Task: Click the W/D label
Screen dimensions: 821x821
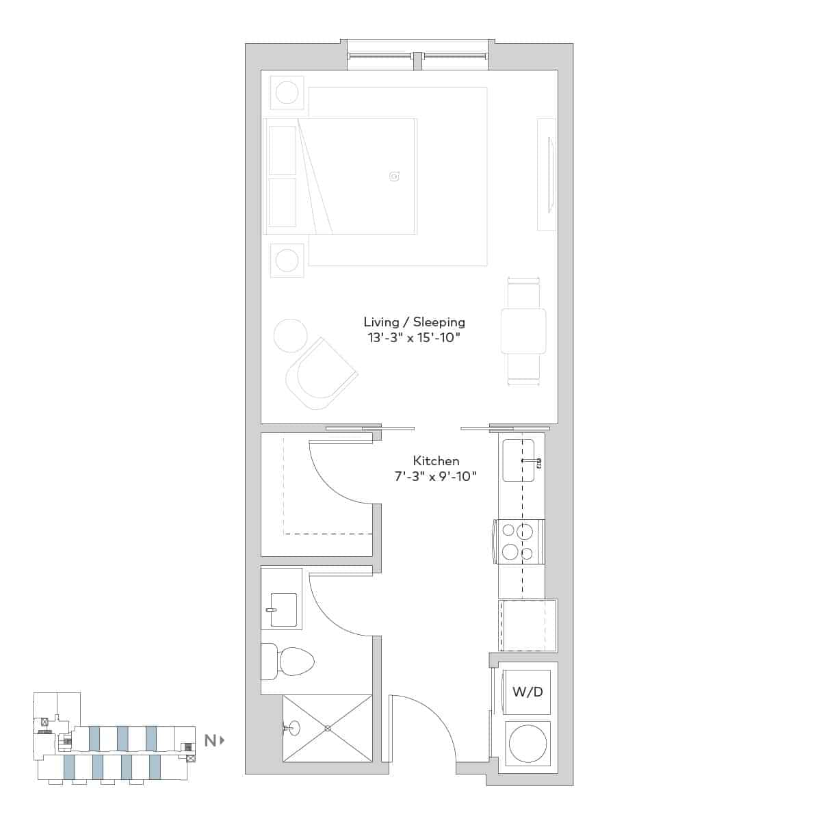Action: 527,692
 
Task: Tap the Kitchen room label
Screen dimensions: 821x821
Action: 436,461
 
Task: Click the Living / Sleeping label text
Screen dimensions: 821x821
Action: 414,322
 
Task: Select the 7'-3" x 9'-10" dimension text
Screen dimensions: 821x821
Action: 435,477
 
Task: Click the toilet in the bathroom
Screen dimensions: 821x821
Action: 289,661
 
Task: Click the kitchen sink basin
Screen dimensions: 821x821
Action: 518,460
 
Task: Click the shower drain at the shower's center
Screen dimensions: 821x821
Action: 328,728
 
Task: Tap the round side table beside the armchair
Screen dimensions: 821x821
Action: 290,335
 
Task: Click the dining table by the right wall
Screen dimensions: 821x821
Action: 523,331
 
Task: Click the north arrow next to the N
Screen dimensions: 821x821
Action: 222,740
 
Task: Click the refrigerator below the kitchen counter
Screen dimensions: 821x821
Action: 527,626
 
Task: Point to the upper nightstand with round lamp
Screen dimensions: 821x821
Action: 287,92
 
